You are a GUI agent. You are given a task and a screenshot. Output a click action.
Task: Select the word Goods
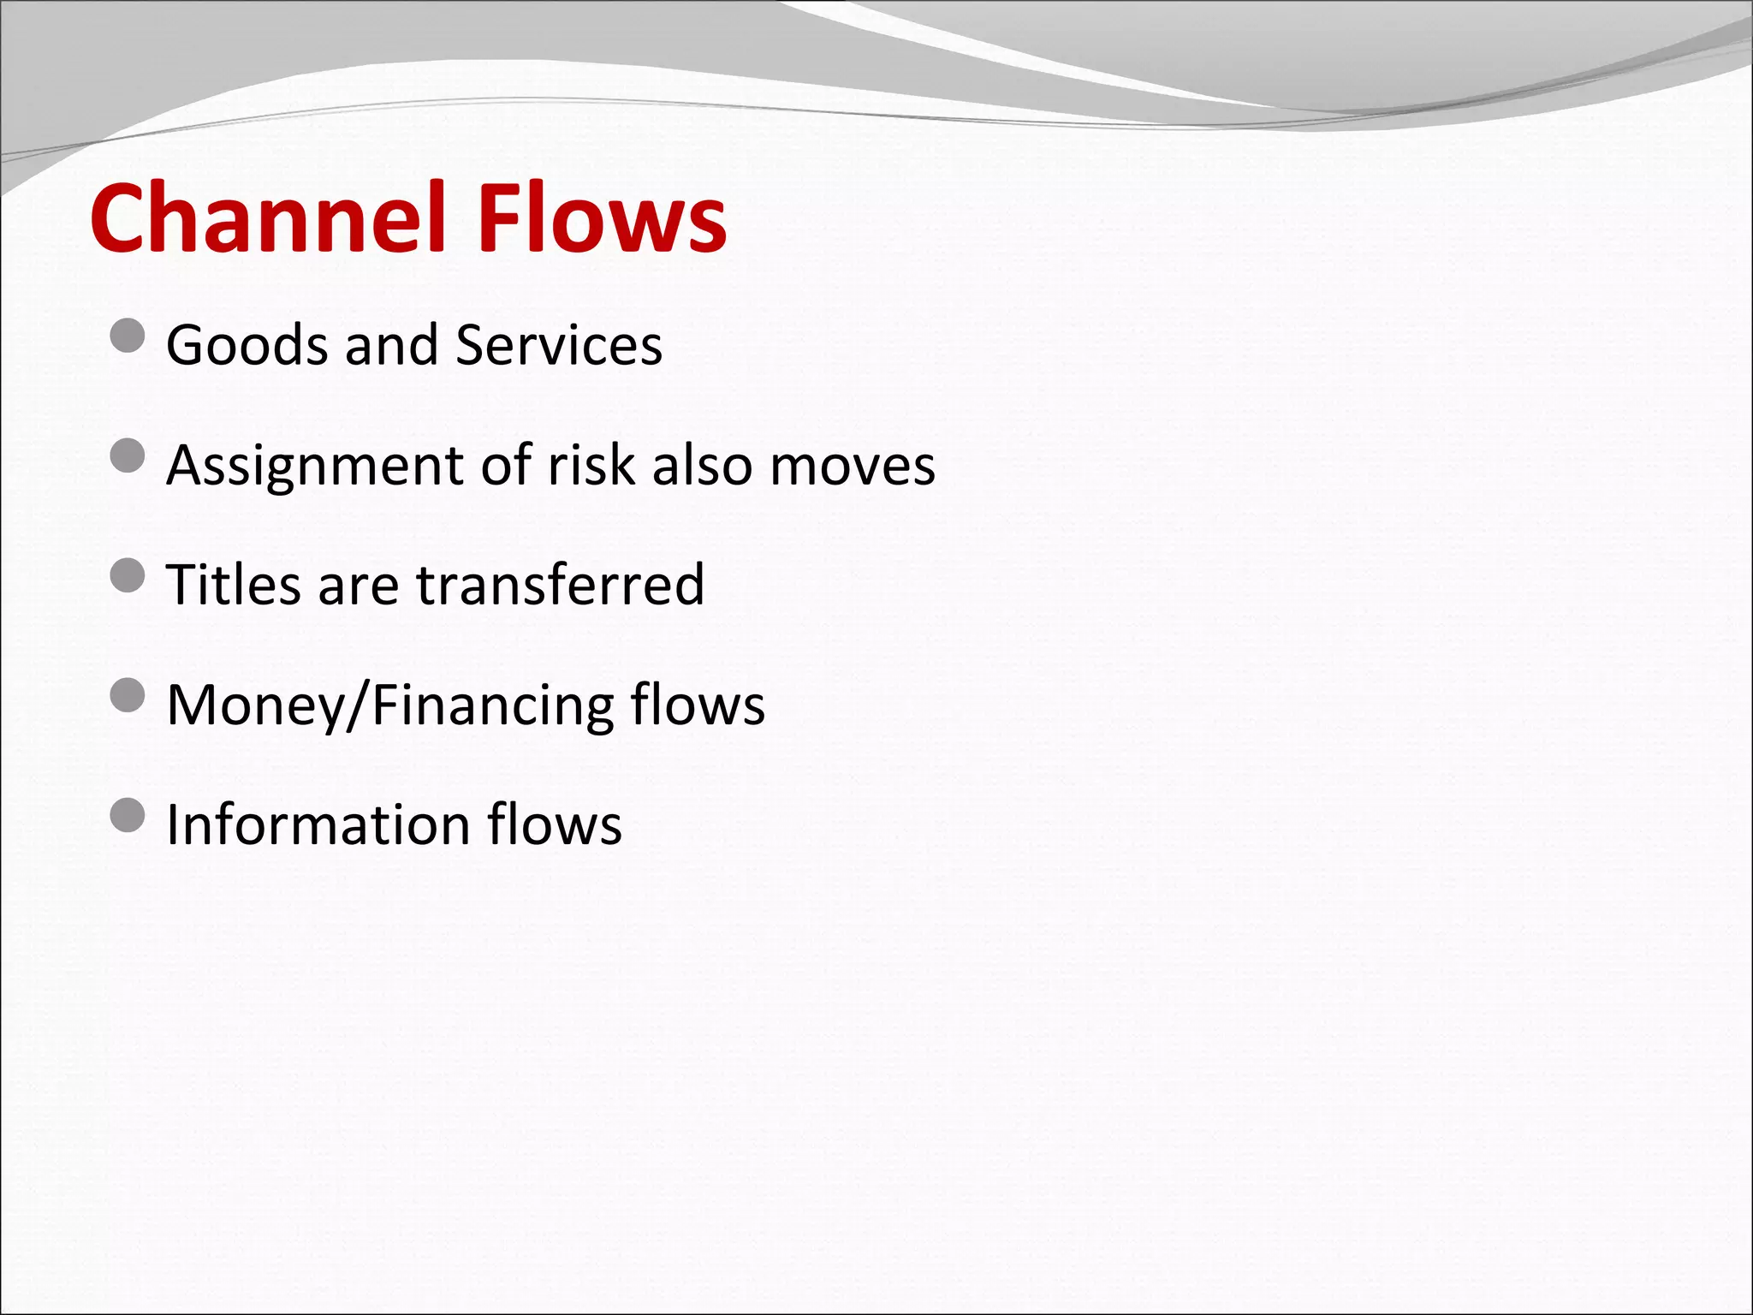click(247, 345)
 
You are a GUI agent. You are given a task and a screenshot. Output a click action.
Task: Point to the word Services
click(559, 345)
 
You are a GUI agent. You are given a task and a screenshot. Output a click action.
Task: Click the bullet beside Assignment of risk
click(128, 455)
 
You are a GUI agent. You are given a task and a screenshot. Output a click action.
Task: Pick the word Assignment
click(314, 467)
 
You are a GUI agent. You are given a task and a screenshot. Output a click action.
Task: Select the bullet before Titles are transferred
click(128, 575)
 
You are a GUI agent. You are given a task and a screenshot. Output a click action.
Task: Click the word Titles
click(234, 585)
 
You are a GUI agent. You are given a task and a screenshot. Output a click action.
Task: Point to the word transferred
click(561, 585)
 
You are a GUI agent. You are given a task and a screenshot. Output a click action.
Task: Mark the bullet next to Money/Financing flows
click(128, 695)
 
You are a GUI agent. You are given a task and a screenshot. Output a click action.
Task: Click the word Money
click(253, 705)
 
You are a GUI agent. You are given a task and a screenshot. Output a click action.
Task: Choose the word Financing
click(491, 705)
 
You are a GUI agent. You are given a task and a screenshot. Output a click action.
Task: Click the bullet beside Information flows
click(128, 815)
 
